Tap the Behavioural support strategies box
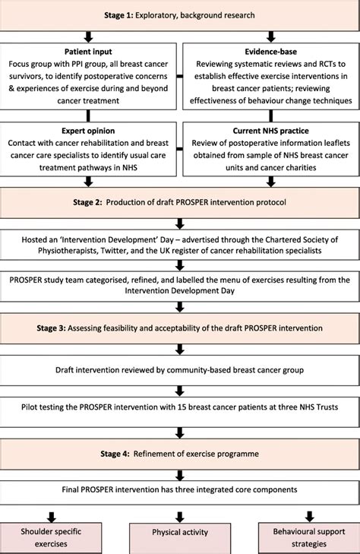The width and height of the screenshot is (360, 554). (310, 538)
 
